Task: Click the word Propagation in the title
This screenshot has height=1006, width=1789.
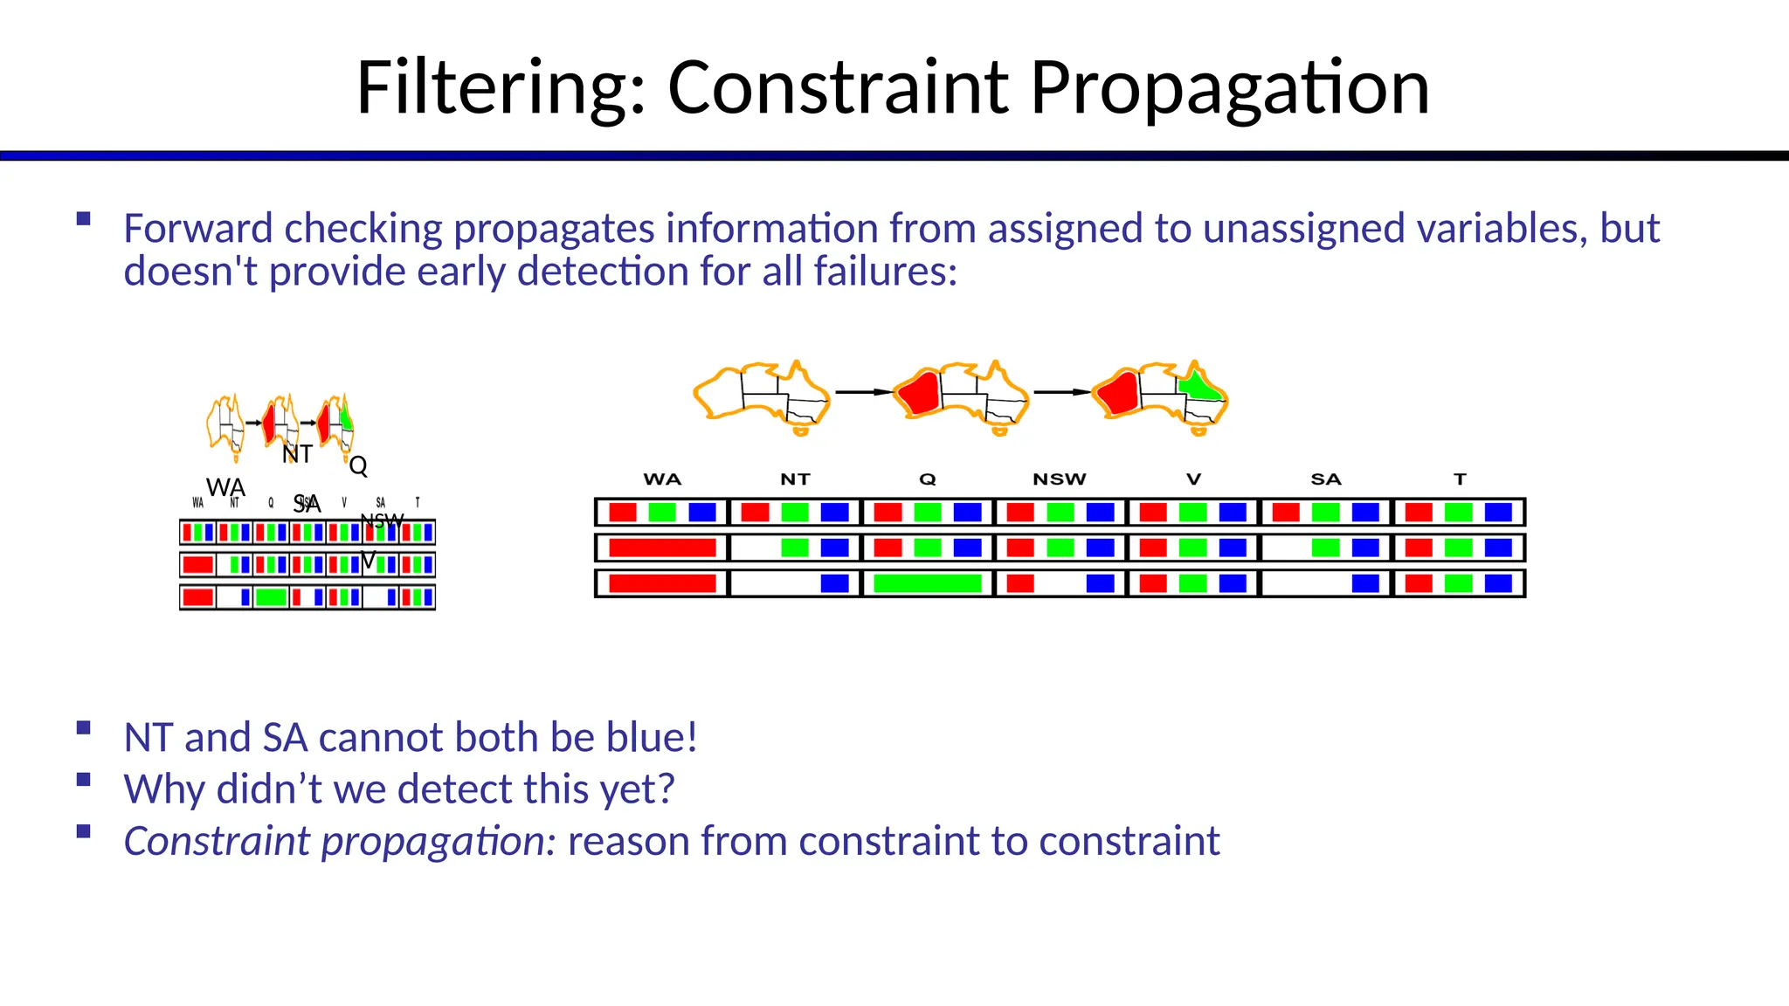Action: pos(1229,89)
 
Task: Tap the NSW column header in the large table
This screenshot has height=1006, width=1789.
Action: pos(1059,479)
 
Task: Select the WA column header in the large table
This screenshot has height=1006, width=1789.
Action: pos(662,479)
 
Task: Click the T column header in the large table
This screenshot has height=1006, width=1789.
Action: pos(1460,479)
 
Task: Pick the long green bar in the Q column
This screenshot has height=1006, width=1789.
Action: pos(927,583)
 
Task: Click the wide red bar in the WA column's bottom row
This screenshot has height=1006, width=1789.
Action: pos(662,583)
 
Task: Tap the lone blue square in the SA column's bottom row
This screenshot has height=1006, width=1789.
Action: pos(1365,583)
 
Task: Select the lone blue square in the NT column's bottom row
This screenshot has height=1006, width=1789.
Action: pos(834,583)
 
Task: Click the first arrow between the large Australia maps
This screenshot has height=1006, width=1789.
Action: pos(863,392)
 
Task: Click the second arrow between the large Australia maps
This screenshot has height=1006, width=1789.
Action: pos(1062,392)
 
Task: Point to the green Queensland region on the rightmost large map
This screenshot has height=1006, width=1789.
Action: pos(1199,386)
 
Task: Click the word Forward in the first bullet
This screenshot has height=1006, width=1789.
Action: pos(197,229)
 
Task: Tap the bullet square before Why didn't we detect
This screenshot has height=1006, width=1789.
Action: pos(84,780)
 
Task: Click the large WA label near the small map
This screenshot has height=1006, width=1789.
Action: pos(225,487)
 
